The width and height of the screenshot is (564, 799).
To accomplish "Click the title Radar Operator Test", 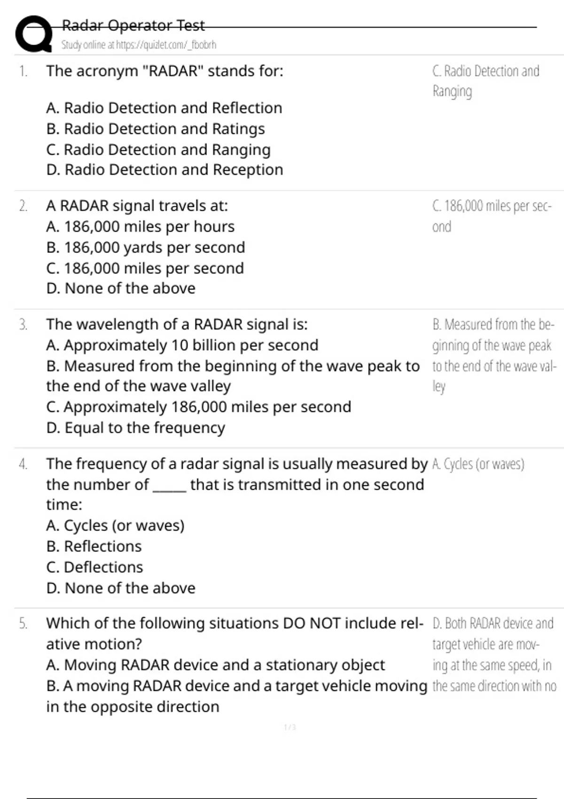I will pyautogui.click(x=133, y=25).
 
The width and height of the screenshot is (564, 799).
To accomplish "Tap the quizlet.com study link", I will pyautogui.click(x=139, y=45).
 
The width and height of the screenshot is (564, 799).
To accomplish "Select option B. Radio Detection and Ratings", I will pyautogui.click(x=156, y=129).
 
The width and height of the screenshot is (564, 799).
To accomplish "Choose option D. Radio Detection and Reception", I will pyautogui.click(x=164, y=170).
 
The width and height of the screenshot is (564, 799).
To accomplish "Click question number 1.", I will pyautogui.click(x=23, y=71).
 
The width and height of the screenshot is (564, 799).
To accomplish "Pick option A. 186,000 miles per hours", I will pyautogui.click(x=140, y=227).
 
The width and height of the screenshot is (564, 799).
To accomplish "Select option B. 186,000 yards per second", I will pyautogui.click(x=146, y=247).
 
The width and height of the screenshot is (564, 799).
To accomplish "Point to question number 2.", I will pyautogui.click(x=23, y=206).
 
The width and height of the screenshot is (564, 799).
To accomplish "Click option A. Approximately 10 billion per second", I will pyautogui.click(x=182, y=345).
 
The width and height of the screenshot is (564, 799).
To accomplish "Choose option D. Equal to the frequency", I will pyautogui.click(x=135, y=428).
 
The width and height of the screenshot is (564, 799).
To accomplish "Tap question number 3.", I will pyautogui.click(x=23, y=325).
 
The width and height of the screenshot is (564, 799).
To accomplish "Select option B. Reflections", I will pyautogui.click(x=94, y=546).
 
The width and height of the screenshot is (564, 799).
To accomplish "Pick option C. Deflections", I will pyautogui.click(x=94, y=567).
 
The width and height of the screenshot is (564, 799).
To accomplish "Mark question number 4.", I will pyautogui.click(x=23, y=464).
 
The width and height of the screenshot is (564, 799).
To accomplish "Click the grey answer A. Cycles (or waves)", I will pyautogui.click(x=478, y=464).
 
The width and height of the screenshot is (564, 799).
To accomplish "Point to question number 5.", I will pyautogui.click(x=23, y=624).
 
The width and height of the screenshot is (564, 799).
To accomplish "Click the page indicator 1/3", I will pyautogui.click(x=290, y=728).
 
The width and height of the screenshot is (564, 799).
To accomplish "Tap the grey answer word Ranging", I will pyautogui.click(x=452, y=91).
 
